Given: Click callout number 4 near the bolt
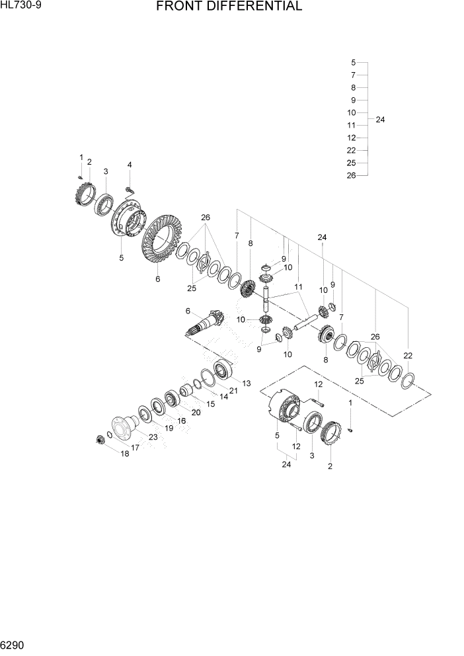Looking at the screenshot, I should point(130,165).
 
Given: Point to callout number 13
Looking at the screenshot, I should point(247,383).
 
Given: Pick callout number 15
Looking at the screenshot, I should point(211,403).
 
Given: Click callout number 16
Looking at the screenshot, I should point(181,421).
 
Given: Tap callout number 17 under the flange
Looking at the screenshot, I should point(135,448).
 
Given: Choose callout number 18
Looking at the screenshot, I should point(124,454).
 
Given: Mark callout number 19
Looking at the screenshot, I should point(168,428).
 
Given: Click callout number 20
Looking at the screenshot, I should point(196,412).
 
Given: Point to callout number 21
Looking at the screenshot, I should point(233,390).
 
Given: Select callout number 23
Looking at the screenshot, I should point(153,436).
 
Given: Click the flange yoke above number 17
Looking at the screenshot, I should point(123,425).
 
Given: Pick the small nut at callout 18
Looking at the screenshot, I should point(102,439).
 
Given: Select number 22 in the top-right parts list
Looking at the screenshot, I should point(352,150).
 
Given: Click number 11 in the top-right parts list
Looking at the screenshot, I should point(352,125).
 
